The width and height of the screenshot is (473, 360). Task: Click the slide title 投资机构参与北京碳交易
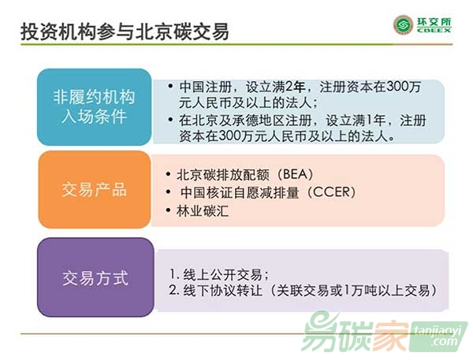tap(125, 32)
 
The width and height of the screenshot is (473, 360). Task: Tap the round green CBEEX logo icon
tap(404, 25)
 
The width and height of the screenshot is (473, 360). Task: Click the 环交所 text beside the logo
tap(434, 22)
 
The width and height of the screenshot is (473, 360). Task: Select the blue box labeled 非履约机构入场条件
tap(94, 107)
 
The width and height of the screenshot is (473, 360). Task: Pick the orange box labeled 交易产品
tap(95, 189)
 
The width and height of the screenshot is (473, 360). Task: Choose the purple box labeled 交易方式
tap(95, 277)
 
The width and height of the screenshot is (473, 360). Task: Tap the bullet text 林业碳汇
tap(203, 211)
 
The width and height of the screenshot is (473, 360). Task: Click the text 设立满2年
tap(275, 87)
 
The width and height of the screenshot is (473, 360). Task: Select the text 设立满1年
tap(356, 121)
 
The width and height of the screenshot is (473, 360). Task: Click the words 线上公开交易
tap(222, 275)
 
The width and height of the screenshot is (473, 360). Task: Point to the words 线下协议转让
tap(222, 291)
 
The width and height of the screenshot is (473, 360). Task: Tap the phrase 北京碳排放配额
tap(222, 175)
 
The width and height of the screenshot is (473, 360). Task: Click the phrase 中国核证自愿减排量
tap(240, 192)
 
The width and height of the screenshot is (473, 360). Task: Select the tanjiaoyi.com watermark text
tap(438, 337)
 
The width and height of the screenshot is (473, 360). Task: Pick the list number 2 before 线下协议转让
tap(173, 291)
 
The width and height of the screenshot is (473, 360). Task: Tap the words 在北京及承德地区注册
tap(245, 121)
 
